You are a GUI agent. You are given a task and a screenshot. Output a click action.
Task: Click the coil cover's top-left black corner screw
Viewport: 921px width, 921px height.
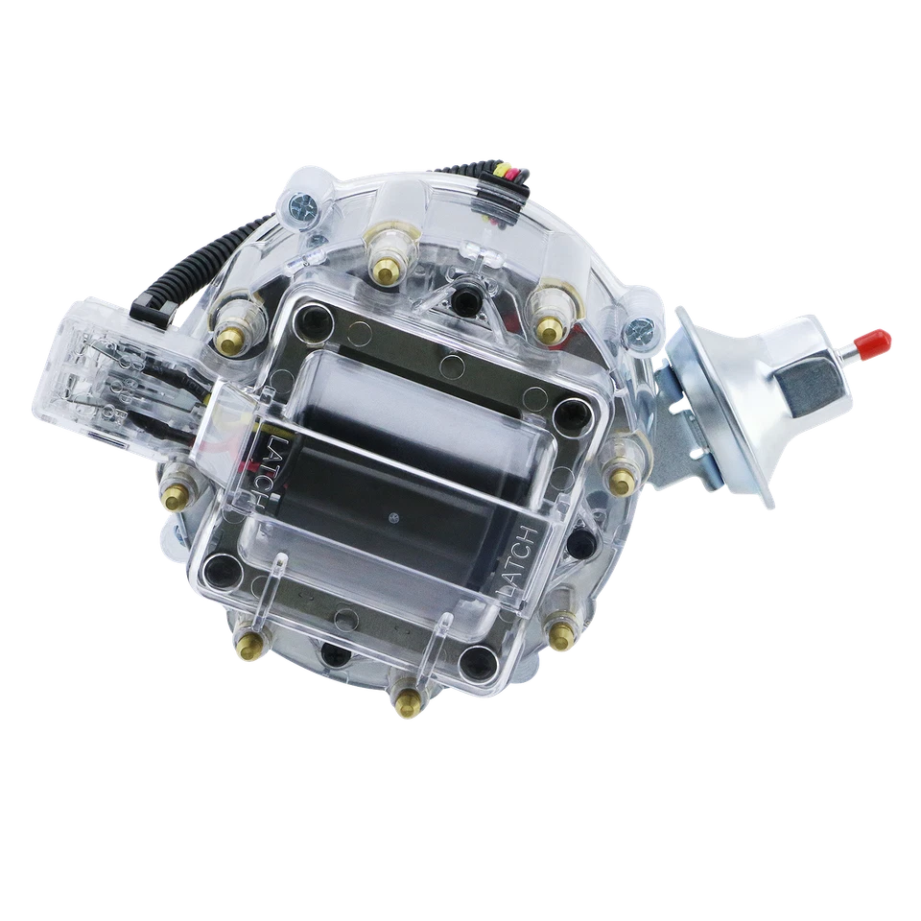[312, 320]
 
